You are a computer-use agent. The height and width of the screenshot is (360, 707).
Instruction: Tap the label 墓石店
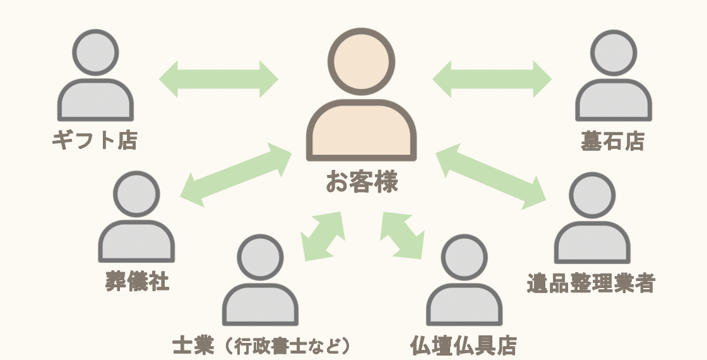(612, 141)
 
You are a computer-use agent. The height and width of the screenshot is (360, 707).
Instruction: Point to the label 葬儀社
(137, 281)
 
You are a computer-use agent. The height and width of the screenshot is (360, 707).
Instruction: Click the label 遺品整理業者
(590, 284)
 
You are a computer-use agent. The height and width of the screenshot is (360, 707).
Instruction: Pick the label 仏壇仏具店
(463, 345)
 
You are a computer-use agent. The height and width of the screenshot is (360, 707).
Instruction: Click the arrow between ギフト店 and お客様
(218, 80)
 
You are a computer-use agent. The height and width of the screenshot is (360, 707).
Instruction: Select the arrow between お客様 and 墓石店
(492, 80)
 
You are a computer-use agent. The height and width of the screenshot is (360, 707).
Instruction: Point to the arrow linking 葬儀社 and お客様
(235, 174)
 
